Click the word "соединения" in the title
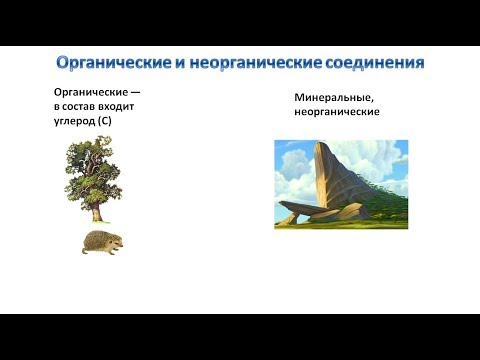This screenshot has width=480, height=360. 376,62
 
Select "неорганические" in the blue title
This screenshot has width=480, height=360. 249,62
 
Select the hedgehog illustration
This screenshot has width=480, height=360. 101,241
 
